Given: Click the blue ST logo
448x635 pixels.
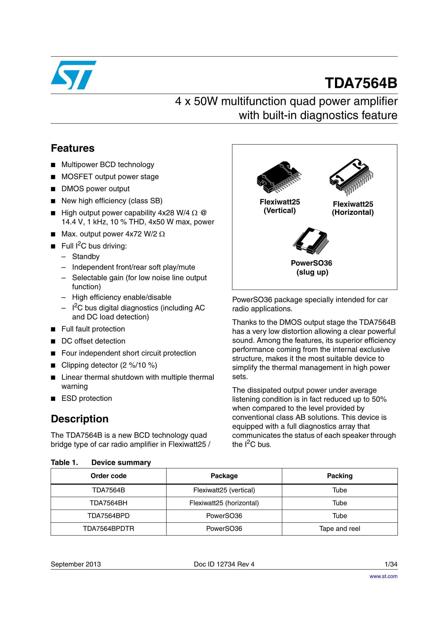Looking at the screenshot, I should pyautogui.click(x=73, y=75).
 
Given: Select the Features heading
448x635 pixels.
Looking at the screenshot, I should pyautogui.click(x=73, y=149).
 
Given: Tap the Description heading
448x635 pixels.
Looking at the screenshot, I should pyautogui.click(x=80, y=419).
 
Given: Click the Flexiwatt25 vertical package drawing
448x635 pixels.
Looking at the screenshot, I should pyautogui.click(x=279, y=177).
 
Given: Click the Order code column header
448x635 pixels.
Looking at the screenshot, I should pyautogui.click(x=108, y=476).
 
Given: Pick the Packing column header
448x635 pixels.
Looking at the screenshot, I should pyautogui.click(x=340, y=476).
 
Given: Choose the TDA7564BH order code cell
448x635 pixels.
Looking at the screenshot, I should pyautogui.click(x=108, y=503).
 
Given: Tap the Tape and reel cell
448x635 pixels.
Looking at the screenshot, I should pyautogui.click(x=340, y=529).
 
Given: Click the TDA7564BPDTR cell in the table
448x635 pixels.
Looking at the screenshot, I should pyautogui.click(x=108, y=529).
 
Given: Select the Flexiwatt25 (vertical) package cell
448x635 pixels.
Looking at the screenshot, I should pyautogui.click(x=224, y=490).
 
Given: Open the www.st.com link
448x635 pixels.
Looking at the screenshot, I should pyautogui.click(x=383, y=576).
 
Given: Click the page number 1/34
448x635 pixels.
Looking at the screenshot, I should pyautogui.click(x=391, y=564).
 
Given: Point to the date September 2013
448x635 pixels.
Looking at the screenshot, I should pyautogui.click(x=76, y=564).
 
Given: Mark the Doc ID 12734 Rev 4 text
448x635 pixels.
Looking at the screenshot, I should pyautogui.click(x=224, y=564).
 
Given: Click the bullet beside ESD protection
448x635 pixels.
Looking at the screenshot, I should pyautogui.click(x=53, y=399).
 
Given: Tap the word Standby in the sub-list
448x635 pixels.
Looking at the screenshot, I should pyautogui.click(x=86, y=257).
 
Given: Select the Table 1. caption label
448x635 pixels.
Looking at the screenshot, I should pyautogui.click(x=64, y=462).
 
